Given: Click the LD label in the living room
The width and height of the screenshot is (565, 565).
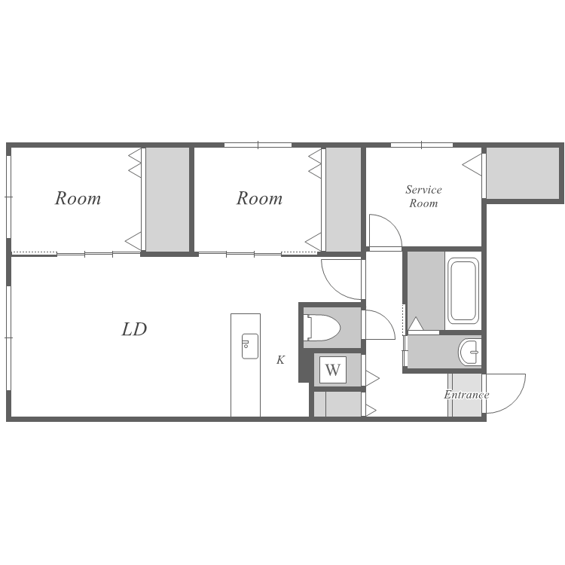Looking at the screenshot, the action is [x=134, y=329].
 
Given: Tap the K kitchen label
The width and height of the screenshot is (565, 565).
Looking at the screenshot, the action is [x=281, y=359].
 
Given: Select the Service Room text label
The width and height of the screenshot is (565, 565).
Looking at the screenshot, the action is [x=423, y=197].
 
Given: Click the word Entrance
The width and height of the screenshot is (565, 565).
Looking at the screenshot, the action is [x=466, y=395].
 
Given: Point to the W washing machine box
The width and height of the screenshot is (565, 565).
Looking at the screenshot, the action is [x=333, y=370].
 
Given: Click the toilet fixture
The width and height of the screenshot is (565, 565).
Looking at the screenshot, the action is [x=322, y=328].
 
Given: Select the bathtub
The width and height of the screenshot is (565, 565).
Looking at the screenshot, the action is [x=463, y=291].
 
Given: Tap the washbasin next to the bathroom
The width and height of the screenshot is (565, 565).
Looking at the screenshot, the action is [x=469, y=352].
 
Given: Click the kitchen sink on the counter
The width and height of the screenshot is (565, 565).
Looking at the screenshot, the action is [x=249, y=347].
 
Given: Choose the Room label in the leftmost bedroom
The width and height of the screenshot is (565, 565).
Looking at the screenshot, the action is [x=78, y=198].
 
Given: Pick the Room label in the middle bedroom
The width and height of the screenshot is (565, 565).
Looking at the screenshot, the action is [x=259, y=198].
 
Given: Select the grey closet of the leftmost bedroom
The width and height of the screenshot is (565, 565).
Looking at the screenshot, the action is [x=167, y=200].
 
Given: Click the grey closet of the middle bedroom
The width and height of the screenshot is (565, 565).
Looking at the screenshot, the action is [x=344, y=200].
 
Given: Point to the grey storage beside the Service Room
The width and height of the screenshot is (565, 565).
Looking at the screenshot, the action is [x=523, y=173].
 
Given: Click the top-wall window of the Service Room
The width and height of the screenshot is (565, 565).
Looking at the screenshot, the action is [x=422, y=145].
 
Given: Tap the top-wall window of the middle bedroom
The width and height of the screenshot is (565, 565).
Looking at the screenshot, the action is [x=258, y=145].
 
